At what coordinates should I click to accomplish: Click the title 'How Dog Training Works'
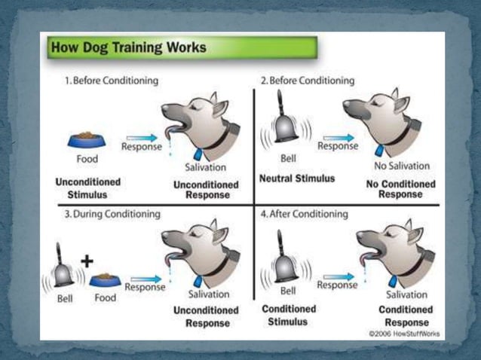(x=127, y=49)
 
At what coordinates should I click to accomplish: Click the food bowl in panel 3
(x=105, y=280)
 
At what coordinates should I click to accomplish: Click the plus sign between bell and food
(x=87, y=261)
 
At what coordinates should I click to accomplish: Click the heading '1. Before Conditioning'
(x=112, y=81)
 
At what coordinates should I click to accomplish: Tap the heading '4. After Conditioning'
(x=305, y=214)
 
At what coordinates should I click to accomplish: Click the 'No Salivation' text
(x=401, y=166)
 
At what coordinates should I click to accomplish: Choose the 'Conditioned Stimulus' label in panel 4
(x=288, y=316)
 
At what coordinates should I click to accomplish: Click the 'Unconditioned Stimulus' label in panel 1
(x=87, y=188)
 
